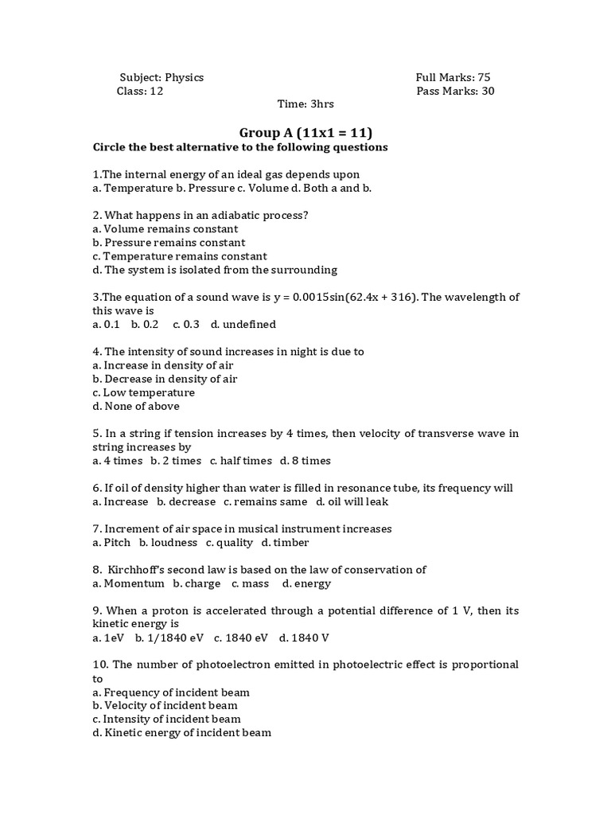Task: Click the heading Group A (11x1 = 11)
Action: [x=305, y=132]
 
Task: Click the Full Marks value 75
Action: [x=484, y=77]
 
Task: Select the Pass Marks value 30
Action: [x=487, y=91]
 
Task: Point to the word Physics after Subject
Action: [x=185, y=77]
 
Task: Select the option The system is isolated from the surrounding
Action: [x=215, y=270]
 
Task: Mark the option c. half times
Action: [x=240, y=461]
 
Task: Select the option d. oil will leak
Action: [x=352, y=501]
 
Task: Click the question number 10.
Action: [x=99, y=665]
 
